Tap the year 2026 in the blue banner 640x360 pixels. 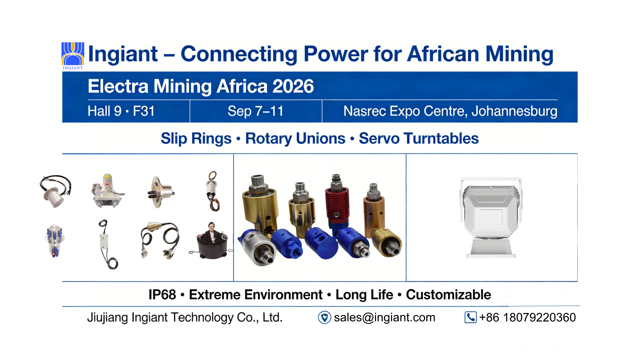pyautogui.click(x=293, y=86)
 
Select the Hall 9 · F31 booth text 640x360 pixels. pyautogui.click(x=121, y=111)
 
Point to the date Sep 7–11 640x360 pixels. pyautogui.click(x=256, y=111)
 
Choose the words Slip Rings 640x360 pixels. pyautogui.click(x=196, y=139)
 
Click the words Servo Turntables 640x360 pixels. pyautogui.click(x=419, y=139)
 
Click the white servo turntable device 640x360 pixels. pyautogui.click(x=491, y=218)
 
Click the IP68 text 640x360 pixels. pyautogui.click(x=162, y=295)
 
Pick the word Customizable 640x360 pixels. pyautogui.click(x=448, y=295)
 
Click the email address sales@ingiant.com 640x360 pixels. pyautogui.click(x=385, y=318)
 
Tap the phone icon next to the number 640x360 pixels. pyautogui.click(x=470, y=317)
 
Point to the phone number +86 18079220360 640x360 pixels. pyautogui.click(x=527, y=318)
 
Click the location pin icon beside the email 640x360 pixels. pyautogui.click(x=324, y=318)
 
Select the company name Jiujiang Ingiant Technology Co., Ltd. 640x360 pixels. pyautogui.click(x=185, y=318)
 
